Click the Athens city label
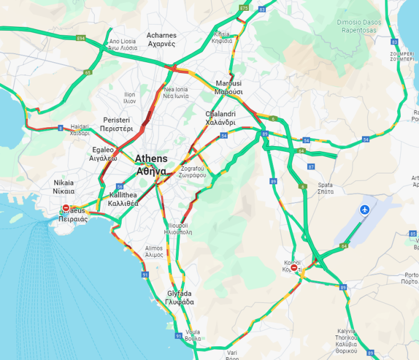click(151, 164)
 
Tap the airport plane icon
click(365, 210)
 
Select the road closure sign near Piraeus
click(66, 208)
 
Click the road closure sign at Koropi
click(293, 268)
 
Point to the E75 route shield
click(244, 8)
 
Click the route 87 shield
click(311, 167)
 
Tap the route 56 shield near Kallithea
click(119, 187)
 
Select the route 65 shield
click(87, 72)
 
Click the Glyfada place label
click(179, 297)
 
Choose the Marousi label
click(229, 87)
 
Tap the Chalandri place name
click(220, 118)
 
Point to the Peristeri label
click(116, 124)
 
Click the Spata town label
click(325, 188)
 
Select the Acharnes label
click(162, 39)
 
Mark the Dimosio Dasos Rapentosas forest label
click(357, 26)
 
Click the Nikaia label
click(64, 187)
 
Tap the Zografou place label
click(192, 172)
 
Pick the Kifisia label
click(221, 37)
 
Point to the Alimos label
click(154, 252)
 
